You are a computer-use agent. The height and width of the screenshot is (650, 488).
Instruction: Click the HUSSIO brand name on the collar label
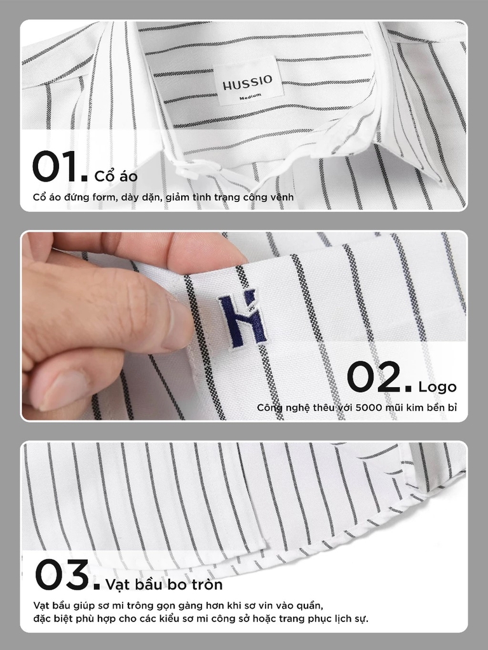(247, 82)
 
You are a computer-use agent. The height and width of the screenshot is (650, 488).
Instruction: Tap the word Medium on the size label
(250, 96)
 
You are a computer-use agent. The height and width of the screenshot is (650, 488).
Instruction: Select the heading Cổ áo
(116, 176)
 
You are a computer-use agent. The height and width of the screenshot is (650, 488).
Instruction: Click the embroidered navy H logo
(243, 319)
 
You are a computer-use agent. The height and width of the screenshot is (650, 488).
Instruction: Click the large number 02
(379, 376)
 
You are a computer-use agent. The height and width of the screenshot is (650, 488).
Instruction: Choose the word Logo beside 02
(437, 387)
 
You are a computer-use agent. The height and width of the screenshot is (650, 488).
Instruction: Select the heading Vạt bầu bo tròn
(165, 585)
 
